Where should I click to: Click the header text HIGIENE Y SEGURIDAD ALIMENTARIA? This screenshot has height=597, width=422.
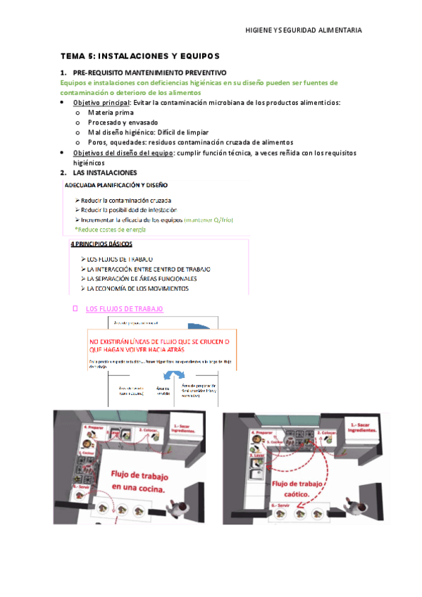(303, 30)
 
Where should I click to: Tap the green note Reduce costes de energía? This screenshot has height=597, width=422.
(111, 230)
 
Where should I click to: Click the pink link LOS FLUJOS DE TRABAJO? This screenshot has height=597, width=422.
(124, 308)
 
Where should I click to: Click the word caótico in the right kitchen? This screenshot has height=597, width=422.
(302, 494)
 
